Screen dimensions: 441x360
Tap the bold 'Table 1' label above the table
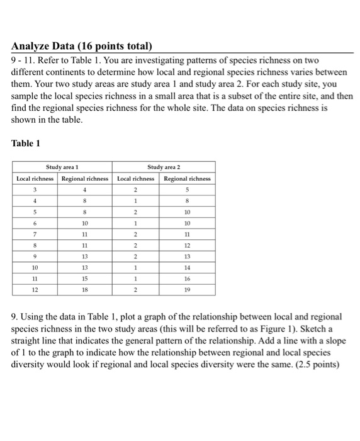click(x=26, y=143)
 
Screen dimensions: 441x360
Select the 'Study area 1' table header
click(x=61, y=168)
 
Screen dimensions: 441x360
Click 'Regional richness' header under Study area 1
click(x=84, y=178)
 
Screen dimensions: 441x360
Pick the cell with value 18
click(x=84, y=291)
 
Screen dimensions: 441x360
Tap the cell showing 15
click(x=84, y=280)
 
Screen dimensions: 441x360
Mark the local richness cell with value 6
click(x=36, y=223)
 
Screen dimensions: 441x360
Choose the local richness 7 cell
click(x=36, y=234)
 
